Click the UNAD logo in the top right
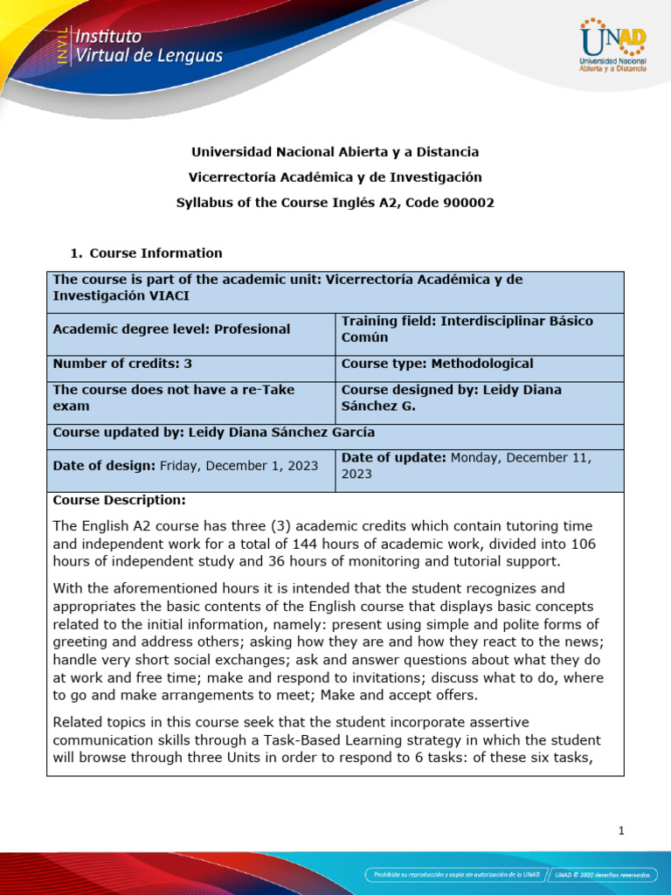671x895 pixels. (613, 48)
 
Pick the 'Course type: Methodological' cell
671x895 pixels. (437, 364)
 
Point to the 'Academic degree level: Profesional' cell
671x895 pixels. (171, 329)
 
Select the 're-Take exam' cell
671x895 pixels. (173, 398)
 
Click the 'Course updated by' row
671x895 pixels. (214, 432)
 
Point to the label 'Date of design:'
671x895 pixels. (103, 466)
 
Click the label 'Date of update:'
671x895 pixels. (393, 457)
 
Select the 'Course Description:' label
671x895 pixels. (119, 500)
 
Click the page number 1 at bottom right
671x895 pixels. (621, 831)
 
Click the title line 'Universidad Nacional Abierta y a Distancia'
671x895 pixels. (335, 152)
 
